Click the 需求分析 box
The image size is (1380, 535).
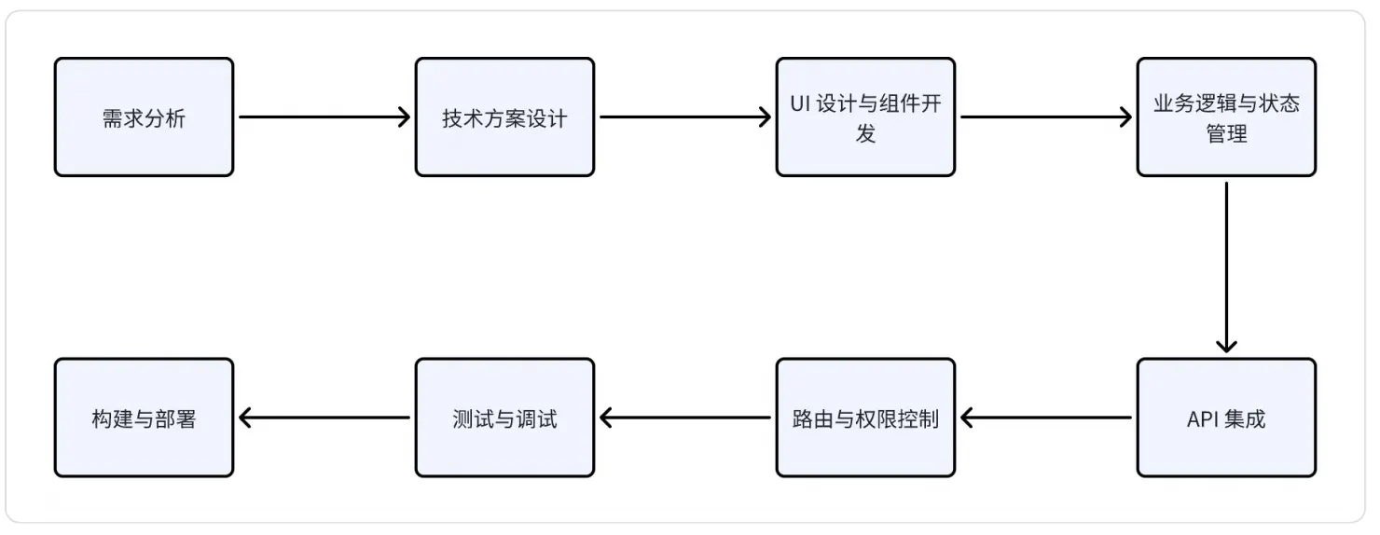(x=144, y=117)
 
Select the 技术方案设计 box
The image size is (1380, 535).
(x=504, y=117)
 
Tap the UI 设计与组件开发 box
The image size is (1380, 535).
(x=865, y=117)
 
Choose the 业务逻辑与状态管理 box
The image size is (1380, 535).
(x=1226, y=117)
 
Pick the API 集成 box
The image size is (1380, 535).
(x=1226, y=418)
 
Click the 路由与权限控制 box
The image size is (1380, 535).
(x=865, y=418)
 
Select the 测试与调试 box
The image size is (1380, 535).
(x=504, y=418)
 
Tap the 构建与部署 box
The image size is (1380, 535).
(x=144, y=418)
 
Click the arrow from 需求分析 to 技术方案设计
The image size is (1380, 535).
(x=324, y=117)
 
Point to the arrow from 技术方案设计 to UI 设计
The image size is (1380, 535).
(x=684, y=117)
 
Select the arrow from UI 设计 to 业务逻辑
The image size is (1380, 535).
(x=1045, y=117)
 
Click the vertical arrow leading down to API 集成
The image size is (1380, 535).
(x=1226, y=267)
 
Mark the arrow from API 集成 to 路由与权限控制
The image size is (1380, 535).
(x=1045, y=418)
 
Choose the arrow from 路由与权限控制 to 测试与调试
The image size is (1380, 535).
(x=684, y=418)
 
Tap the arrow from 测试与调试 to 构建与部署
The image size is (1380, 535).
(x=324, y=418)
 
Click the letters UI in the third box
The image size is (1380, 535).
(x=799, y=103)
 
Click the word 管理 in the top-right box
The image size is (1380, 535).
(x=1226, y=133)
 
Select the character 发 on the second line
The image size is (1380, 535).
(x=865, y=133)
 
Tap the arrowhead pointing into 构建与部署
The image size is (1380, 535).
(x=246, y=418)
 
